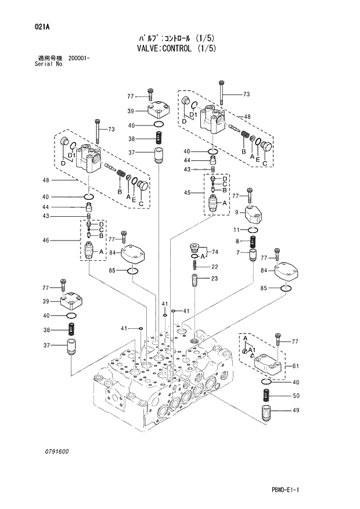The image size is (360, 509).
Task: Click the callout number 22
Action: (x=214, y=267)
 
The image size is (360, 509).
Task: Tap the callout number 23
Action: (x=214, y=279)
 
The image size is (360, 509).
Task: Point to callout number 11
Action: (x=237, y=230)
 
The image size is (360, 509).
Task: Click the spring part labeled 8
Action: (x=254, y=241)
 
